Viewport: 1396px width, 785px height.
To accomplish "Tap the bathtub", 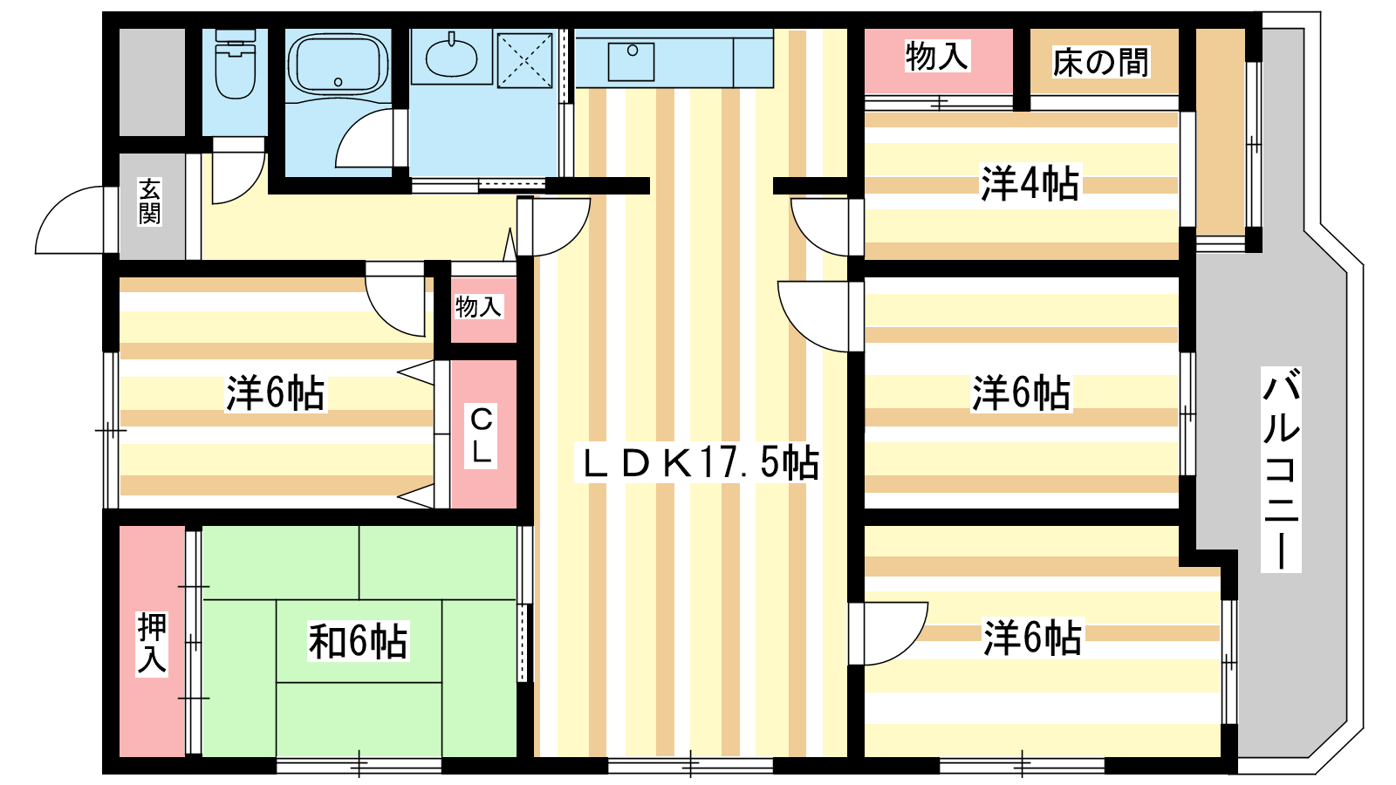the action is pyautogui.click(x=339, y=65).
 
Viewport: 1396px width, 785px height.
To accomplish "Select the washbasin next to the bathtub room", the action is pyautogui.click(x=451, y=57).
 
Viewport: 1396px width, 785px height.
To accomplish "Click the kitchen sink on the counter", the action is pyautogui.click(x=631, y=62).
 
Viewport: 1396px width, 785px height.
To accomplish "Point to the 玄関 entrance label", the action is pyautogui.click(x=149, y=201).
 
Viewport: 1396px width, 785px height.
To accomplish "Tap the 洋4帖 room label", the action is pyautogui.click(x=1030, y=183).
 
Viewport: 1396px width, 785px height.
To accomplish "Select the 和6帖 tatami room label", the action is pyautogui.click(x=358, y=640).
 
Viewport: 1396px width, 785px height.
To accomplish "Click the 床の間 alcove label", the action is pyautogui.click(x=1100, y=62).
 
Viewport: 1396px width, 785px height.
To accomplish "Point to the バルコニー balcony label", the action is pyautogui.click(x=1281, y=469).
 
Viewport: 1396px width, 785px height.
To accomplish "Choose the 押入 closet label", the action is pyautogui.click(x=152, y=644).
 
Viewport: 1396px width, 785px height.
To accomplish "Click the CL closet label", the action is pyautogui.click(x=481, y=435).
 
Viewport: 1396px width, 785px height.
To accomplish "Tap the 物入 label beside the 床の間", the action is pyautogui.click(x=937, y=56).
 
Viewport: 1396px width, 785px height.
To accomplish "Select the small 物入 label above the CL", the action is pyautogui.click(x=478, y=306).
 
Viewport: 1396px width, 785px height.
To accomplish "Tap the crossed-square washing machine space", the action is pyautogui.click(x=524, y=60).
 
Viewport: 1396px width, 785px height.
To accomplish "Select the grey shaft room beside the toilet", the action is pyautogui.click(x=152, y=82).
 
